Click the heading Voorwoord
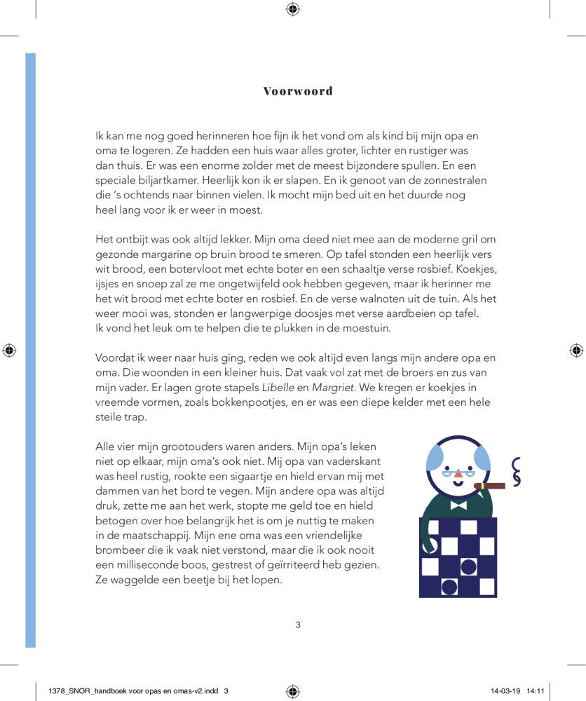click(298, 91)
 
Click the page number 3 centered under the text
click(298, 625)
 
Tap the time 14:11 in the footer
click(536, 690)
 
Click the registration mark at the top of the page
click(293, 9)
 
